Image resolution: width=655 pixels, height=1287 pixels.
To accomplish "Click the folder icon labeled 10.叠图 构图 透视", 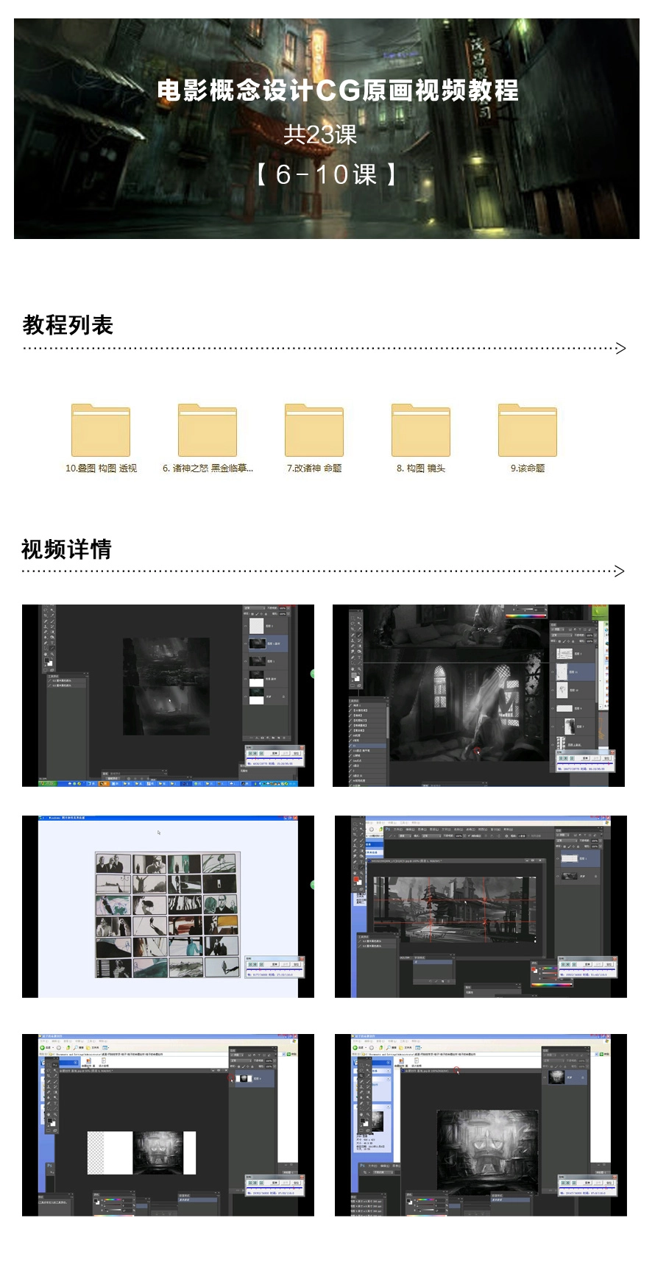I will tap(101, 431).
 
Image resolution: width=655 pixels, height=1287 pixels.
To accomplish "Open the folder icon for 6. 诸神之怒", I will tap(208, 431).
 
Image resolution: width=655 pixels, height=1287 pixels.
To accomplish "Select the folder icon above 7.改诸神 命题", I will tap(314, 431).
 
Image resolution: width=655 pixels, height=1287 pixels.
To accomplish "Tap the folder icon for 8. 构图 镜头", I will tap(421, 431).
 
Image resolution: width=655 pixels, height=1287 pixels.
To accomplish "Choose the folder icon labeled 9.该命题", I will tap(528, 431).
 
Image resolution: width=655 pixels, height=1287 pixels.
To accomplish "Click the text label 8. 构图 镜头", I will tap(421, 468).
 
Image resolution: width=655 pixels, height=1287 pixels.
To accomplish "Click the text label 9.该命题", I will tap(528, 468).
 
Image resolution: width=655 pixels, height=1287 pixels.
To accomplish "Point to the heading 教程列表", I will tap(68, 325).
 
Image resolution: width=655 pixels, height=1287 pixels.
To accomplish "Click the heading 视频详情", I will tap(66, 549).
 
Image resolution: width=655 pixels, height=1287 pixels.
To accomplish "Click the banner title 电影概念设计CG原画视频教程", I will tap(338, 90).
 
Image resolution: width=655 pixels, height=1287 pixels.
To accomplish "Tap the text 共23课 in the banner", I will tap(320, 135).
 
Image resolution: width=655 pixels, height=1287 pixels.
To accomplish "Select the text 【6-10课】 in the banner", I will tap(326, 175).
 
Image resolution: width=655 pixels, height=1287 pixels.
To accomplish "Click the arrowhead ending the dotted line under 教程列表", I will tap(620, 349).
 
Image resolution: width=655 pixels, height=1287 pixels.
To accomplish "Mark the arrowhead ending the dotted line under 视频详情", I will tap(620, 571).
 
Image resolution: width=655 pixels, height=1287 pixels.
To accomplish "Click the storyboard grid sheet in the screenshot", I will tap(168, 915).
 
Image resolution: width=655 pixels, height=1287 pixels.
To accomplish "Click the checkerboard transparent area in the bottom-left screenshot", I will tap(96, 1152).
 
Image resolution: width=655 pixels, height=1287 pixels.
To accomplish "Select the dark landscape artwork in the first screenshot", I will tap(166, 686).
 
